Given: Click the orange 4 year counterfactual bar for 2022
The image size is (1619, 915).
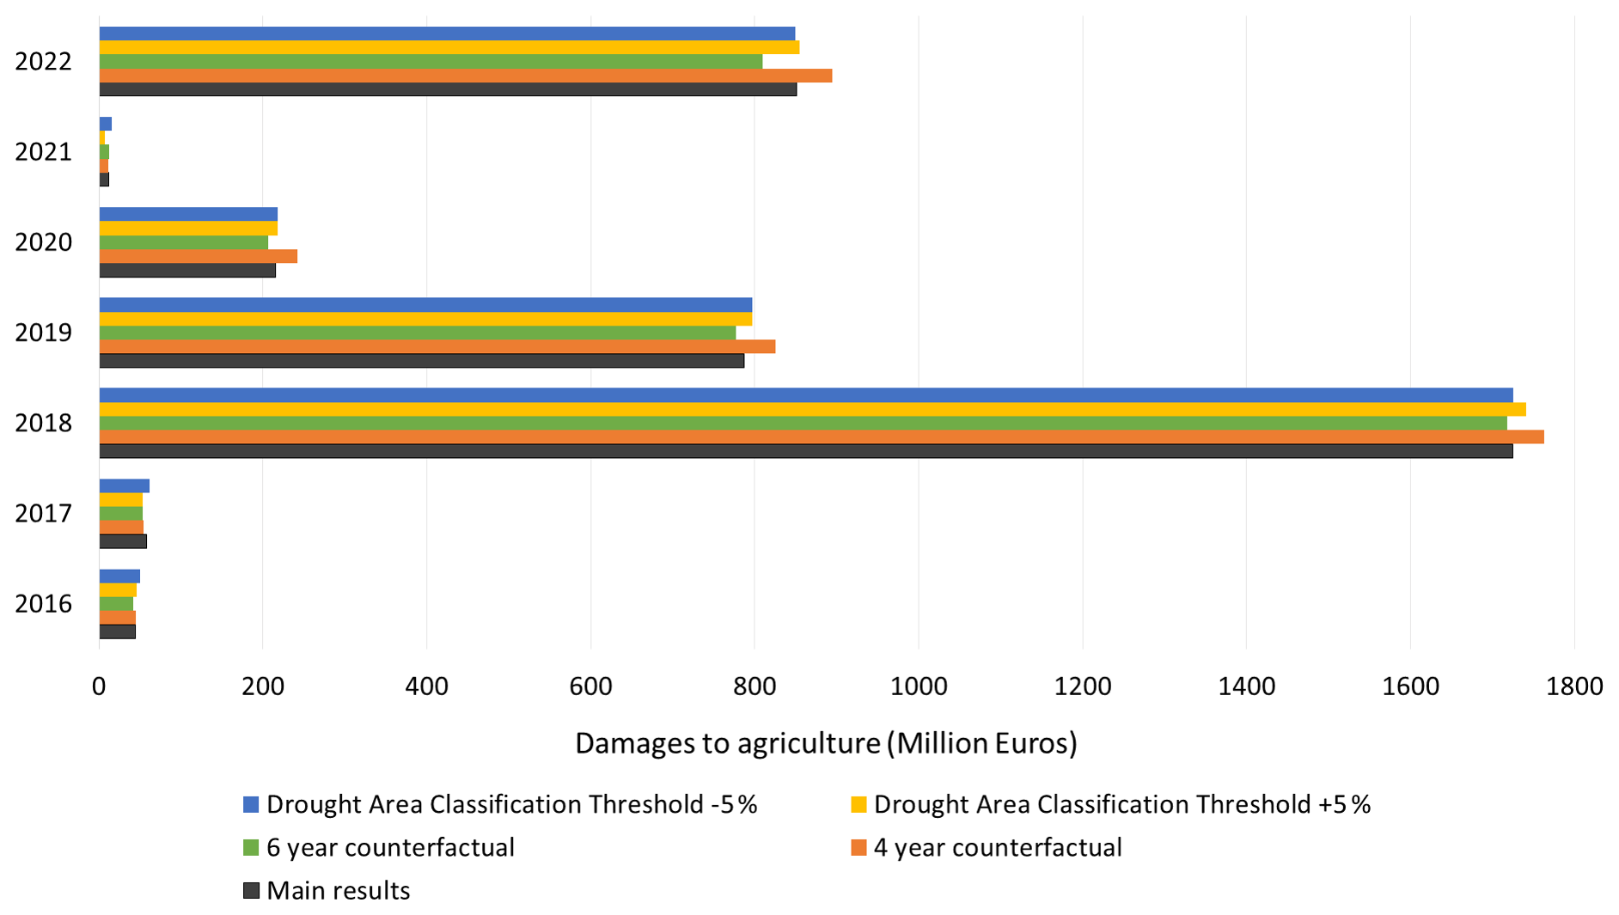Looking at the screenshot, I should point(465,76).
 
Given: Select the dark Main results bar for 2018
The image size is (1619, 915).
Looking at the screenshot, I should point(805,451).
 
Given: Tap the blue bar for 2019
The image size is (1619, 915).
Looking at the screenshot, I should point(425,305).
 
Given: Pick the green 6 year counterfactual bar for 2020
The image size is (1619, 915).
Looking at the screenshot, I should point(183,242).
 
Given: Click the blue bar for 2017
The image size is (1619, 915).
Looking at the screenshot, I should point(124,486).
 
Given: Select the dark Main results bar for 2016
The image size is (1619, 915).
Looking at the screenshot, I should point(117,632).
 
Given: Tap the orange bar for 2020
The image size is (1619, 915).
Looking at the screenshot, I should point(198,256).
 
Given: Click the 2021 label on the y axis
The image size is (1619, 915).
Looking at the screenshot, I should point(43,152).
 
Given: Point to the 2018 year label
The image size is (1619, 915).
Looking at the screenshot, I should point(43,424).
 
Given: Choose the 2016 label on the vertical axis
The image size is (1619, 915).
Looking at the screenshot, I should point(43,604).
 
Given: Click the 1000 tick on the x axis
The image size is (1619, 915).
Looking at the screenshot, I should point(919,686).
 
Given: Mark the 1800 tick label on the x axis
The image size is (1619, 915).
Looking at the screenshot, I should point(1573,686).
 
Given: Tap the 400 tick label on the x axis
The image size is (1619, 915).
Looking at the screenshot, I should point(427,686).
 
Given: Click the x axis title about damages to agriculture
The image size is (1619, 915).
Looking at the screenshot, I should point(825,743).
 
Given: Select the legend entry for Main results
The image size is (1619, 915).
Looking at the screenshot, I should point(338,891).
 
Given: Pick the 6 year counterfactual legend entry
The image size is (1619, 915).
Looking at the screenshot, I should point(390,848).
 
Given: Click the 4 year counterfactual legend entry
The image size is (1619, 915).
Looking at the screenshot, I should point(997,848).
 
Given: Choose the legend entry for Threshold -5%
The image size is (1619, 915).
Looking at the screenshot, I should point(511,805).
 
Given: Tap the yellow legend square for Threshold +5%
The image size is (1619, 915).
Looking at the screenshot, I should point(858,805).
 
